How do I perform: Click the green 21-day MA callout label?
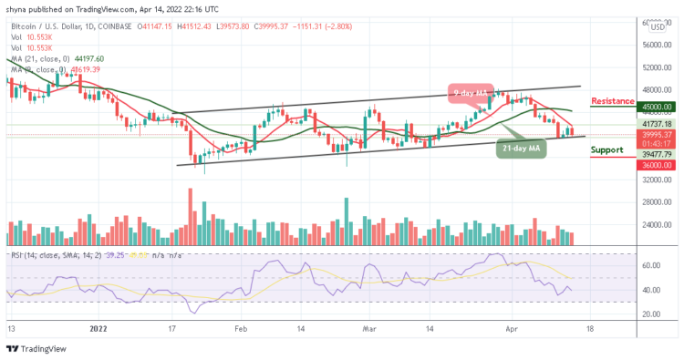[x=521, y=148]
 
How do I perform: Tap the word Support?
[x=607, y=150]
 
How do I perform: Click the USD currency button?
[x=658, y=26]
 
